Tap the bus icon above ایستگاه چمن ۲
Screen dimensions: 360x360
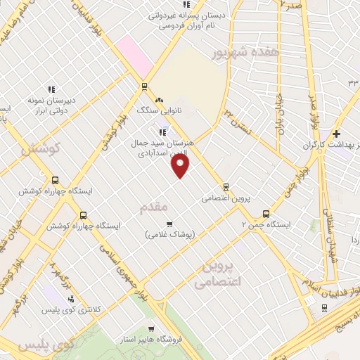265,214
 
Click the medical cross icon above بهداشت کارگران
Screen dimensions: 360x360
337,134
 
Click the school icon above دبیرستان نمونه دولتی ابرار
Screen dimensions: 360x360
51,89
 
